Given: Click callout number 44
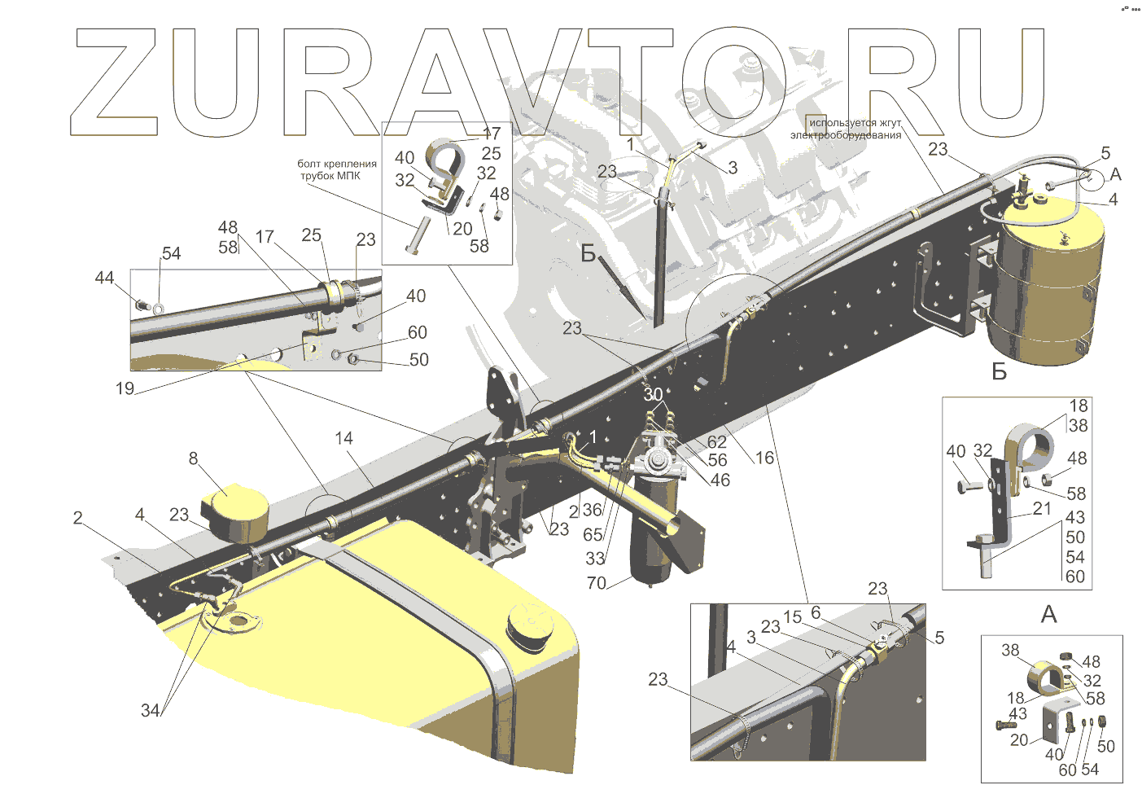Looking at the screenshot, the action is pos(104,279).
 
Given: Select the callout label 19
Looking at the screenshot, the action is pos(125,388).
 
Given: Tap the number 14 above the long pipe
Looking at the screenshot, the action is pos(343,438).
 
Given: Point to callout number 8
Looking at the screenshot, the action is pos(193,458).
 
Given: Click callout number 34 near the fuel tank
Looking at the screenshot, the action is pos(151,710).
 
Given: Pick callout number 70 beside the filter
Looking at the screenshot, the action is pos(597,583).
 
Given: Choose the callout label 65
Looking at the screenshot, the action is pos(593,535).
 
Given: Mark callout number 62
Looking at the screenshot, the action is pos(716,441).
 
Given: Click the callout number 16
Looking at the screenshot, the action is pos(764,458).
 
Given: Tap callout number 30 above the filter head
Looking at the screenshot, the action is pos(653,395).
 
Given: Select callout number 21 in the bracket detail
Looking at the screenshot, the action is pos(1042,508).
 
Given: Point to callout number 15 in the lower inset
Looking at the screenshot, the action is pos(793,617).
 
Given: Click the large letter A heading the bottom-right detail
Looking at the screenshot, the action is pos(1048,615).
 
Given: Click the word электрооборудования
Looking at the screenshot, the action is pos(846,135).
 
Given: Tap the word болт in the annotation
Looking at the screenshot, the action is pos(308,164).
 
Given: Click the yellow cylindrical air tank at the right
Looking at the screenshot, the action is pos(1046,277).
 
